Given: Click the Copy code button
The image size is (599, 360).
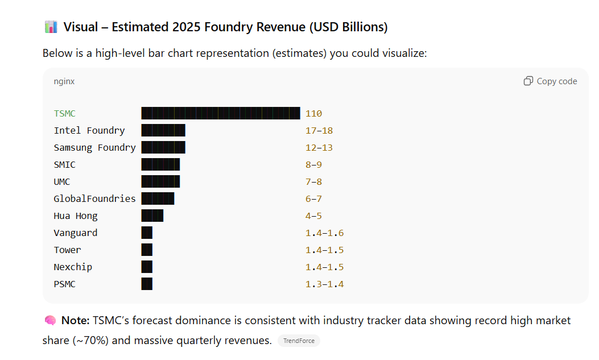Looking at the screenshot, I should tap(550, 81).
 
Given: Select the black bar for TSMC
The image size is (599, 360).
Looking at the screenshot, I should tap(221, 113).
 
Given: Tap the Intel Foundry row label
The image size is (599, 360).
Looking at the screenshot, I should tap(89, 130).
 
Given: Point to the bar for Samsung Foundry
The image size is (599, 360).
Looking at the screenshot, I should tap(163, 147).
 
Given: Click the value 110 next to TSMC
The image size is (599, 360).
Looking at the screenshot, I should tap(313, 114).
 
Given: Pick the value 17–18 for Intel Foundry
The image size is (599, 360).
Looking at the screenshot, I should tap(319, 131).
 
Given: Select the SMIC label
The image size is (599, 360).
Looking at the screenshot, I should tap(65, 164).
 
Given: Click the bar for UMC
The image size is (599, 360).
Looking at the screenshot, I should tap(160, 181).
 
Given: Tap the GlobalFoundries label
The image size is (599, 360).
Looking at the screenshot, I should tap(95, 198).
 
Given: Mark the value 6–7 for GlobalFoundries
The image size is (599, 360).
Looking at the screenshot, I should tap(313, 199).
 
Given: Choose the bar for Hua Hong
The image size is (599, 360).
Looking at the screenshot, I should tap(152, 216).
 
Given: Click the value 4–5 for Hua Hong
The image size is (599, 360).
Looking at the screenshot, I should tap(313, 216).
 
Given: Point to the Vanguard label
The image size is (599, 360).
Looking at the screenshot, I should tap(76, 233).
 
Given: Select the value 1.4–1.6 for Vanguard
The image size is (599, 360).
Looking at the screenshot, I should tap(324, 233).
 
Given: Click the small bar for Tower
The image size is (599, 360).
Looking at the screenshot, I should tap(147, 250).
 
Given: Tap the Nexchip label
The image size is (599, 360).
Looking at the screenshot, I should tap(73, 267).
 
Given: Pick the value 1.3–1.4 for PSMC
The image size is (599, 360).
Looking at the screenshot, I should tap(324, 284).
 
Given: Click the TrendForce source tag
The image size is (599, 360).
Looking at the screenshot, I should tap(299, 341).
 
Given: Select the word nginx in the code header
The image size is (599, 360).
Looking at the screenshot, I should tap(64, 81).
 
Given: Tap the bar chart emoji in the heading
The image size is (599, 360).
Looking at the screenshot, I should tap(51, 27).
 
